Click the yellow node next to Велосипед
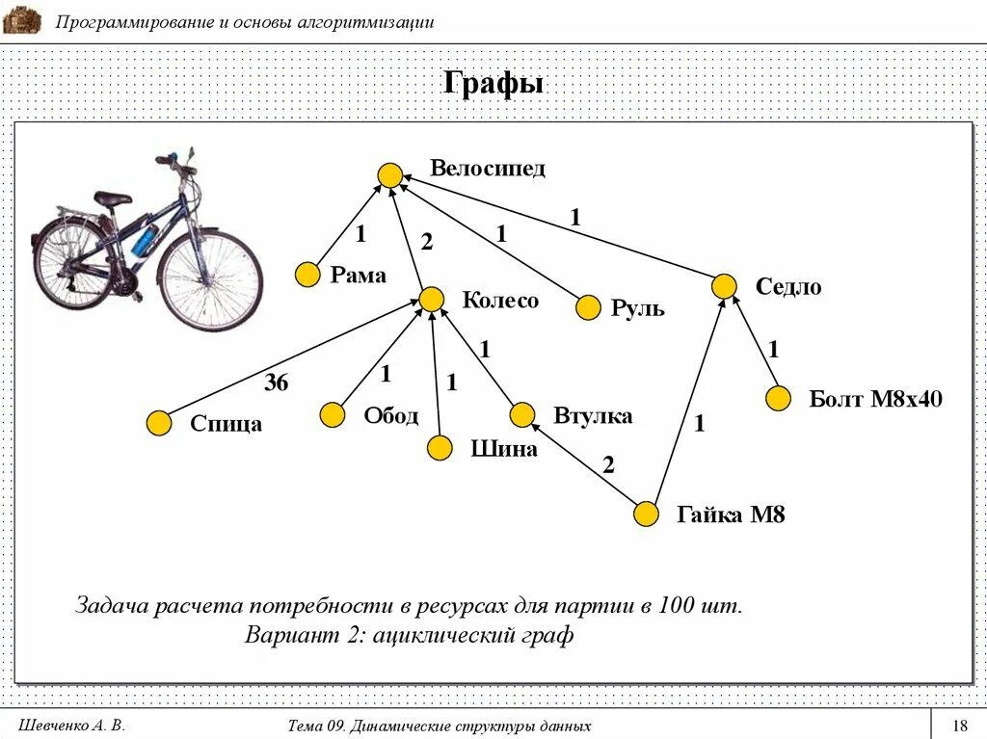coord(389,175)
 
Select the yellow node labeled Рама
coord(307,275)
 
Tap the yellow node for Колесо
coord(431,299)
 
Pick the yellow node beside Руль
coord(588,308)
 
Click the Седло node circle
coord(725,286)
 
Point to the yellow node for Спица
coord(159,423)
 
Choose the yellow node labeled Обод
coord(333,415)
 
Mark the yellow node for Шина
coord(440,448)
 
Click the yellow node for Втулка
coord(521,415)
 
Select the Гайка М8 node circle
coord(646,515)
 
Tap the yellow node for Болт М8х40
coord(779,398)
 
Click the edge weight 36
coord(277,383)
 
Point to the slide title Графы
coord(493,84)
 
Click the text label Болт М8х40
coord(875,399)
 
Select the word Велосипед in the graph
coord(488,169)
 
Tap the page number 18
coord(959,726)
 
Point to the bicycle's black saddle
coord(112,198)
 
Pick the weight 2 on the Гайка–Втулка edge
coord(608,464)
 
